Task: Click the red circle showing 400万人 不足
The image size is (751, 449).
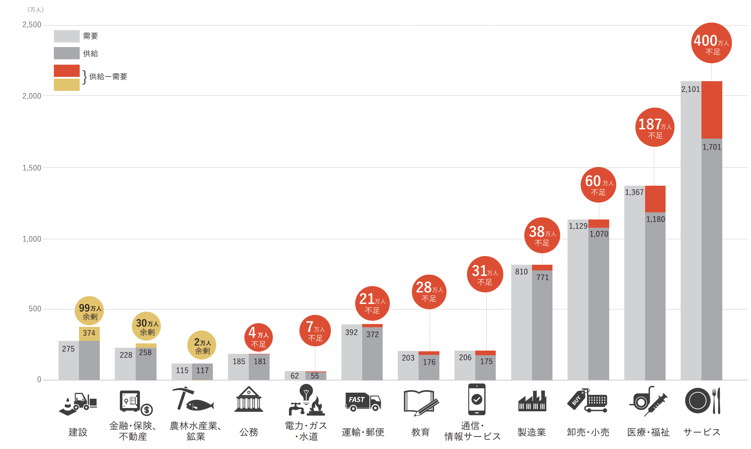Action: [x=711, y=43]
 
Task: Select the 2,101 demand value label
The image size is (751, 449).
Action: [x=690, y=89]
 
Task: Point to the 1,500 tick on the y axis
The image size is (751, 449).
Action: [x=32, y=168]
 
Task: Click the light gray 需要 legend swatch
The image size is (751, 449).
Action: [x=66, y=36]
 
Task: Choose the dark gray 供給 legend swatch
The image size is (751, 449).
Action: [x=66, y=53]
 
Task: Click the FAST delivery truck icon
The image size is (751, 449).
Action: [x=363, y=402]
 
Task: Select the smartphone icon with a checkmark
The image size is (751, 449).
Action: [x=476, y=399]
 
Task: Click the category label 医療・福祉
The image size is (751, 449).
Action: [x=648, y=432]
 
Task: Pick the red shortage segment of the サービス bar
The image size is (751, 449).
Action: [x=712, y=110]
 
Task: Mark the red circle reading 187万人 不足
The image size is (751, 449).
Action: [x=654, y=127]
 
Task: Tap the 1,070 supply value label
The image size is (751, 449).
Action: [x=599, y=234]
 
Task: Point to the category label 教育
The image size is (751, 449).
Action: [x=420, y=432]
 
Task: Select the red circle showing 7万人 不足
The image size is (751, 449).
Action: [x=315, y=331]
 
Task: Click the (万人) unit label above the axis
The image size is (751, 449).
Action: [x=36, y=10]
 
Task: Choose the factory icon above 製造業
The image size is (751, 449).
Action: [x=532, y=401]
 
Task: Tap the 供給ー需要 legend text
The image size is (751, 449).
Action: [x=108, y=77]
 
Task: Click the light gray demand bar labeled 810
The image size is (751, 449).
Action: [x=521, y=323]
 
